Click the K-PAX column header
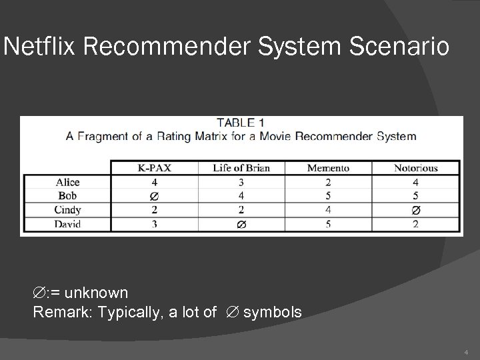154,168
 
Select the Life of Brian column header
241,168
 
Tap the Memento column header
328,168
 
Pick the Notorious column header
415,168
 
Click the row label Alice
67,182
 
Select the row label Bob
67,196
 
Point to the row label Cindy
67,210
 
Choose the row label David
67,224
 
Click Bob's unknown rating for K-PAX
155,196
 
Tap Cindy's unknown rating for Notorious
416,210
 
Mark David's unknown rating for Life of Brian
241,225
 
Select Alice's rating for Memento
328,182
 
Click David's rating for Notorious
416,224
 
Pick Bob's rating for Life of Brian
241,196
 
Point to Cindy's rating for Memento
328,210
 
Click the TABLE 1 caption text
241,123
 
